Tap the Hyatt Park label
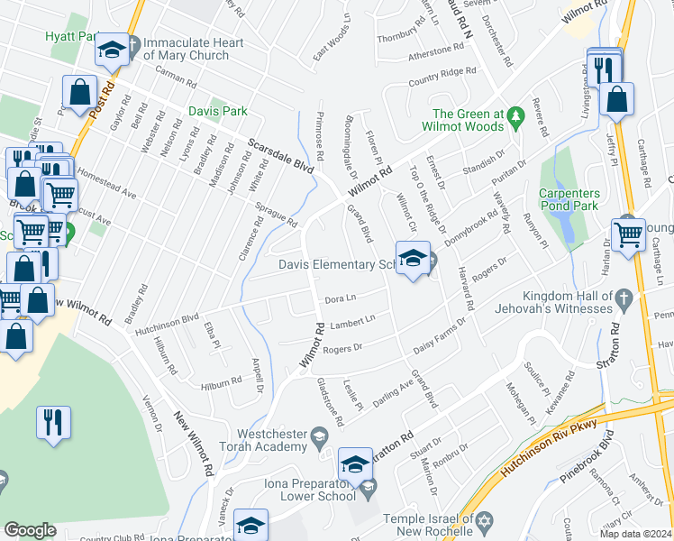click(70, 37)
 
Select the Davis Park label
click(217, 112)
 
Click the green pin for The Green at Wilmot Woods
click(515, 115)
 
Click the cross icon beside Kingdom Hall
click(623, 297)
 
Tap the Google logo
click(30, 530)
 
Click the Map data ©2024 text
click(636, 534)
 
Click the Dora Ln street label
click(341, 298)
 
